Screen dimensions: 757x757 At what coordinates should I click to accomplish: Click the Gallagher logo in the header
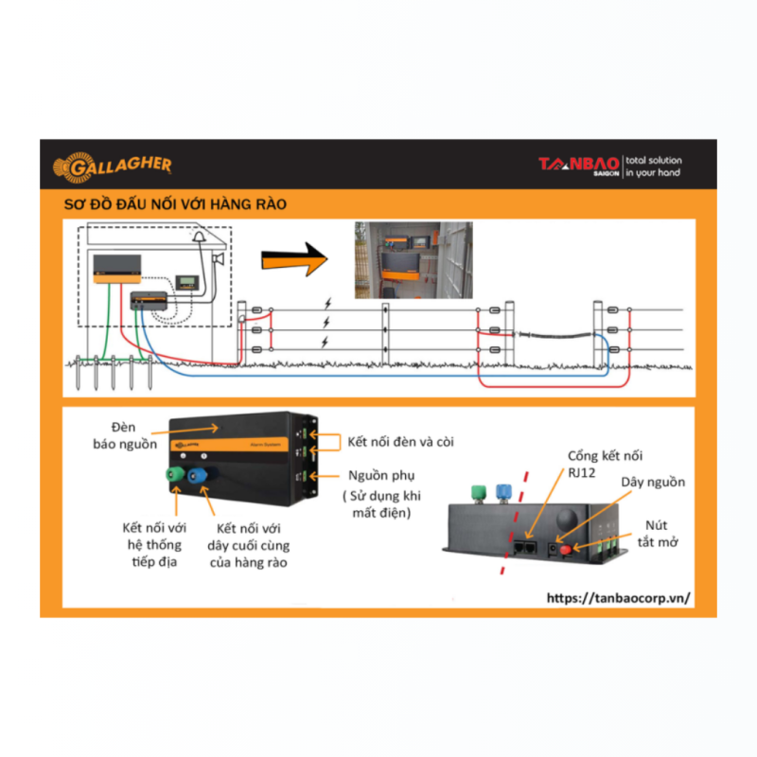tap(112, 167)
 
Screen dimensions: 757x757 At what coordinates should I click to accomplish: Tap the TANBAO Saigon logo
tap(579, 167)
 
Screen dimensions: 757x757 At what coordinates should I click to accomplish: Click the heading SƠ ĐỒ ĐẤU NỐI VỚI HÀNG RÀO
tap(175, 204)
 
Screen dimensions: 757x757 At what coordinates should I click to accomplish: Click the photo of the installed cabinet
tap(414, 260)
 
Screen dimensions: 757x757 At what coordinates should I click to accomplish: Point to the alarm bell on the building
tap(199, 236)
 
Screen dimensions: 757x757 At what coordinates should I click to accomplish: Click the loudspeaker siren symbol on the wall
tap(219, 259)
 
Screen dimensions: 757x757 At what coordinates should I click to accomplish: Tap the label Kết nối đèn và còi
tap(400, 442)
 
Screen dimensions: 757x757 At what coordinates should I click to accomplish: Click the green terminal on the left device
tap(175, 474)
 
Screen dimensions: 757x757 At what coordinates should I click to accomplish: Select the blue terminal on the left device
tap(198, 476)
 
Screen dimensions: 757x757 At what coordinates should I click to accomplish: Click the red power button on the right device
tap(565, 550)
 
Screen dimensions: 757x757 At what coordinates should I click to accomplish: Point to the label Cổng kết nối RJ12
tap(605, 464)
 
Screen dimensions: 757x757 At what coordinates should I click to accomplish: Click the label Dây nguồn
tap(653, 483)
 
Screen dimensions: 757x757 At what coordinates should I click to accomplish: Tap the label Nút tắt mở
tap(658, 534)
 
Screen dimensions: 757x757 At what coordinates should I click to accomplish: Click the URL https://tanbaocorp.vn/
tap(619, 598)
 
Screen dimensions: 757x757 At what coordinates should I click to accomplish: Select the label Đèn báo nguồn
tap(125, 435)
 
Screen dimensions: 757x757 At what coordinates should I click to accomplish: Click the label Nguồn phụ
tap(381, 476)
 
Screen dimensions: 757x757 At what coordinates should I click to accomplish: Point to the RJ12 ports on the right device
tap(525, 548)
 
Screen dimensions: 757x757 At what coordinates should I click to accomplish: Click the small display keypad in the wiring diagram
tap(186, 282)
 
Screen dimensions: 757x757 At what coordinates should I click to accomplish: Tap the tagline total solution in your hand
tap(654, 167)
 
